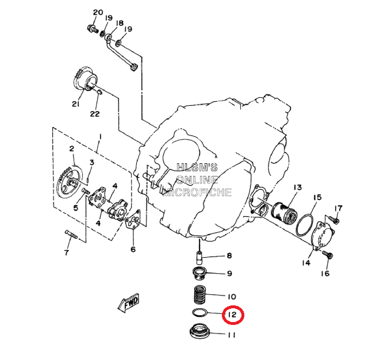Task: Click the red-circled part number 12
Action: pos(232,315)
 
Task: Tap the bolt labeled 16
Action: pos(328,254)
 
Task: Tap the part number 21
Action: pos(75,104)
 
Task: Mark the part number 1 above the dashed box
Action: pos(99,136)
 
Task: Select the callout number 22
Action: pos(94,113)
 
